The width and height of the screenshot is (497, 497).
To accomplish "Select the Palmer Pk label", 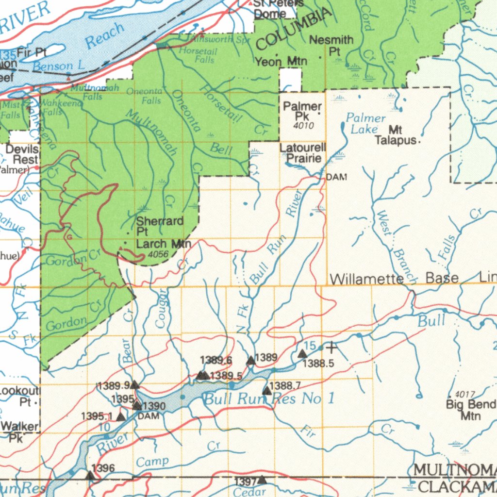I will point(302,111).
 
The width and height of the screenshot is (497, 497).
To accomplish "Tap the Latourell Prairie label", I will point(304,153).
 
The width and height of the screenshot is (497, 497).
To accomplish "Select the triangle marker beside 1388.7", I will point(266,390).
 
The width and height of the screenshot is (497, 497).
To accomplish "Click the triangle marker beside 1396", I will point(90,475).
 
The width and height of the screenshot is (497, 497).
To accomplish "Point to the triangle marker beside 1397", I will point(262,480).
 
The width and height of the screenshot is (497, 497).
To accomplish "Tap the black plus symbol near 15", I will point(331,348).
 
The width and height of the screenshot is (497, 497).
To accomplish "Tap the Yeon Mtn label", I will point(284,62).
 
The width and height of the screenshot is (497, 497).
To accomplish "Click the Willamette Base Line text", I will point(413,279).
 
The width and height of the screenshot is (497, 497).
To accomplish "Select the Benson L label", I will point(59,66).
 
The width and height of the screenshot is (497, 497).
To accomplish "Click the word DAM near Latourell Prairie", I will point(336,178).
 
